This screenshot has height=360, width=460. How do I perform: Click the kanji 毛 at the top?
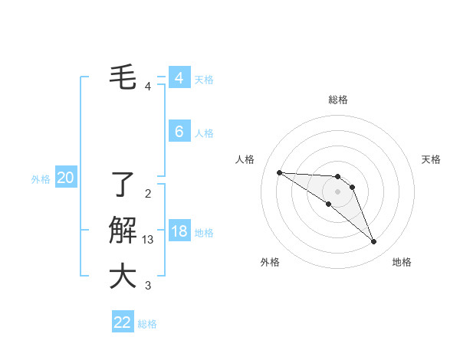(123, 77)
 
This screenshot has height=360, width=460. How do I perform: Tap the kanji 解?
(123, 231)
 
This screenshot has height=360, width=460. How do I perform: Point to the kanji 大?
(123, 277)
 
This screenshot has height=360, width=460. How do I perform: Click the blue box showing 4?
(179, 78)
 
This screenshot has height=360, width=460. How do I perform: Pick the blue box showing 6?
(179, 132)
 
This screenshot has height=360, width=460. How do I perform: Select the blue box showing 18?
(179, 231)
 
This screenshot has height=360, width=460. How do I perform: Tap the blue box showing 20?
(65, 178)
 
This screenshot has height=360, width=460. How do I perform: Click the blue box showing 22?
(122, 322)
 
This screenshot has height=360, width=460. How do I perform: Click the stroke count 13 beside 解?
(149, 240)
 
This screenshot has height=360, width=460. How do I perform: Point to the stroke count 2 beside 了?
(148, 193)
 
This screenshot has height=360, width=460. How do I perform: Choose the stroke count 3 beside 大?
(148, 286)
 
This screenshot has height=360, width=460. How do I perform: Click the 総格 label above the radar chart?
(337, 100)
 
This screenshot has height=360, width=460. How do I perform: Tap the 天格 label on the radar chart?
(431, 159)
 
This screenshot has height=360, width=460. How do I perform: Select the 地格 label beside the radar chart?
(402, 262)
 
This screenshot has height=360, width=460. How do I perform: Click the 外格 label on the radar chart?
(270, 262)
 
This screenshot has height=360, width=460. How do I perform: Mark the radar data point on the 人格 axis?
(279, 172)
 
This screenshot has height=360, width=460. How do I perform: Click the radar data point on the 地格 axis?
(373, 242)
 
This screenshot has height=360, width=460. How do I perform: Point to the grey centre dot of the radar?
(337, 191)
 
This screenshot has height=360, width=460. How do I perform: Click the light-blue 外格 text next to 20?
(41, 179)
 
